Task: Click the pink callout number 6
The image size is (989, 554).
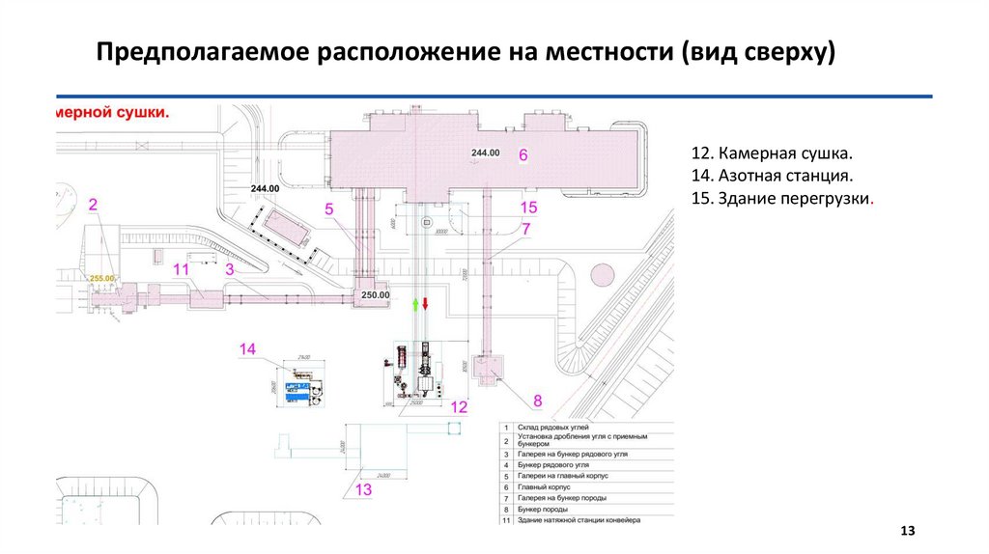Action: pyautogui.click(x=523, y=154)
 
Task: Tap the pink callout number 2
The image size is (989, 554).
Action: pyautogui.click(x=94, y=204)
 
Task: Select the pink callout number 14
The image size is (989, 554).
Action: pyautogui.click(x=248, y=349)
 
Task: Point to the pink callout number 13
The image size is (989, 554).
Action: pyautogui.click(x=363, y=490)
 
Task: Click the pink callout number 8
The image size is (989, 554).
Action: pyautogui.click(x=538, y=400)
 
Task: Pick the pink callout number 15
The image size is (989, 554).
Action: pyautogui.click(x=527, y=208)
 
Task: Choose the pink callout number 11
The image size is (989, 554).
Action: pyautogui.click(x=181, y=269)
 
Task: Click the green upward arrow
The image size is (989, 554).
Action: pyautogui.click(x=415, y=304)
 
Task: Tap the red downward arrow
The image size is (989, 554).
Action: pyautogui.click(x=425, y=304)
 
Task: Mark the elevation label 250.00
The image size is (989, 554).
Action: pyautogui.click(x=375, y=294)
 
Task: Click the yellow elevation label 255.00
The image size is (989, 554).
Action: pyautogui.click(x=102, y=278)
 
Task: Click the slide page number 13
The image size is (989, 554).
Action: pyautogui.click(x=907, y=532)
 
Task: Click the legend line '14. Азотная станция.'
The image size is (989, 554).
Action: pyautogui.click(x=771, y=177)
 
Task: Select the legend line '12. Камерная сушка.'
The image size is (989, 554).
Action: pyautogui.click(x=773, y=154)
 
